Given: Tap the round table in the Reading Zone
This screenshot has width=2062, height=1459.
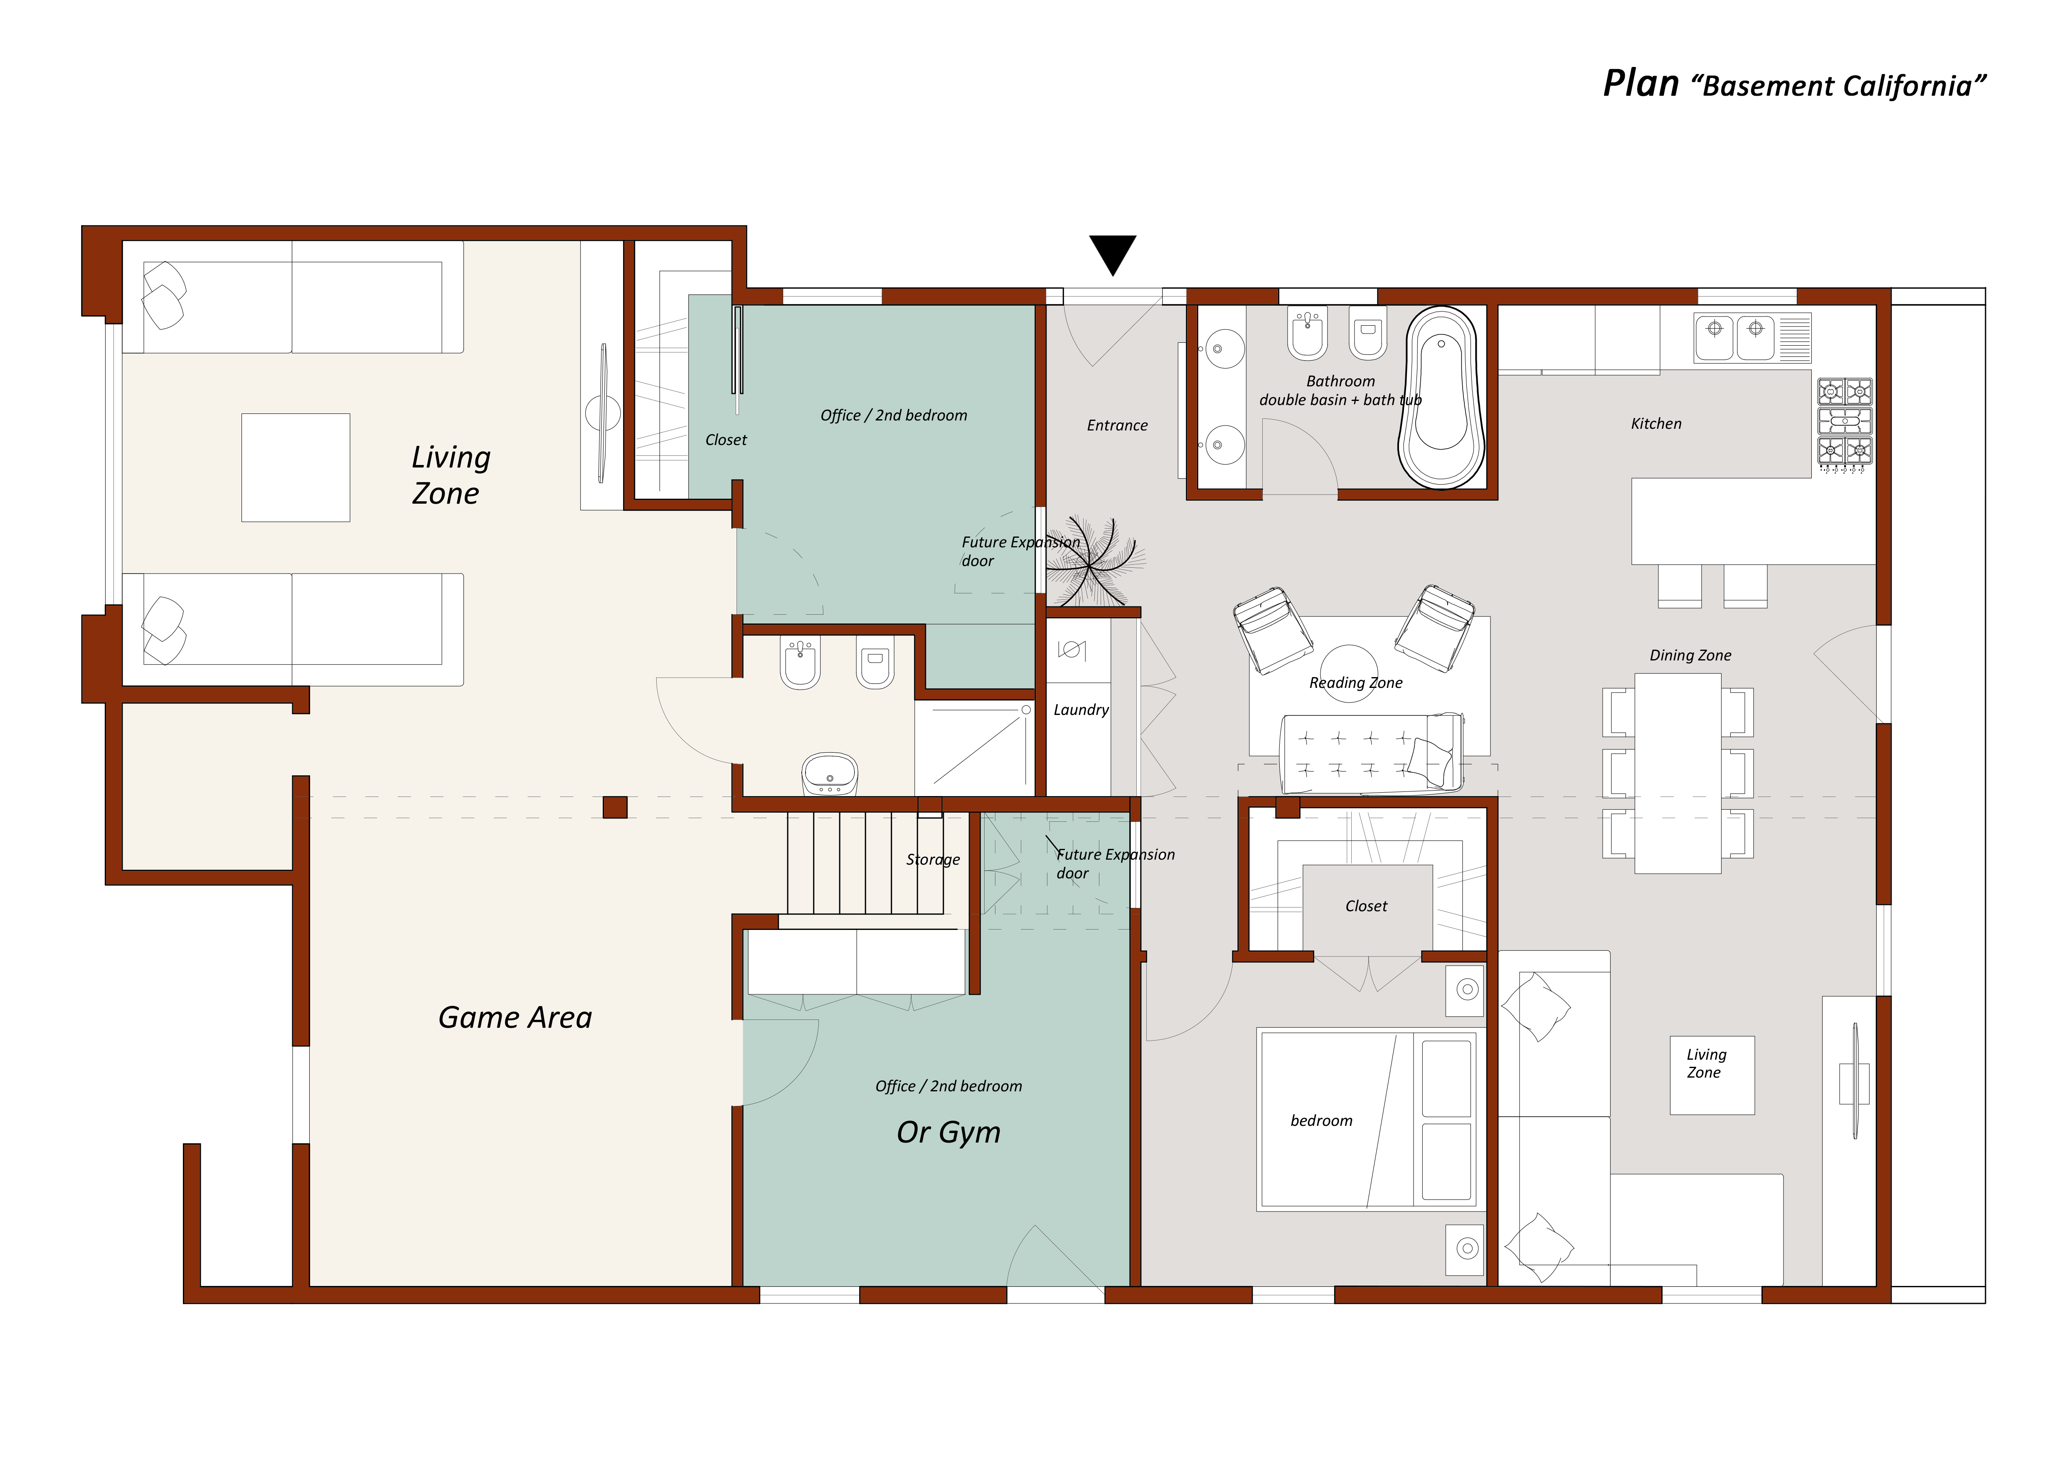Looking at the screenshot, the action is [x=1348, y=673].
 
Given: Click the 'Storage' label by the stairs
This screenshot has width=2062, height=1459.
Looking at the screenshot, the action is [x=933, y=860].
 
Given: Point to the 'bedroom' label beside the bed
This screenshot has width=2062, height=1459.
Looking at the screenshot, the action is [x=1321, y=1121].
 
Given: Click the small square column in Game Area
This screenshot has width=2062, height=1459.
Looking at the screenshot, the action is [x=615, y=808].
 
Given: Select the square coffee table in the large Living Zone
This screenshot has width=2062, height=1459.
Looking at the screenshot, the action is [x=296, y=467].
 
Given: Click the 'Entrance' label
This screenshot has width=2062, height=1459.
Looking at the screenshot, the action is [x=1117, y=426].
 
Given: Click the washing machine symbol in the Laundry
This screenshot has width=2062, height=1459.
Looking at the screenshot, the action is [x=1072, y=650].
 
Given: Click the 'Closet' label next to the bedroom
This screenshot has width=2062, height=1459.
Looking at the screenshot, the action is [x=1366, y=907].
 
